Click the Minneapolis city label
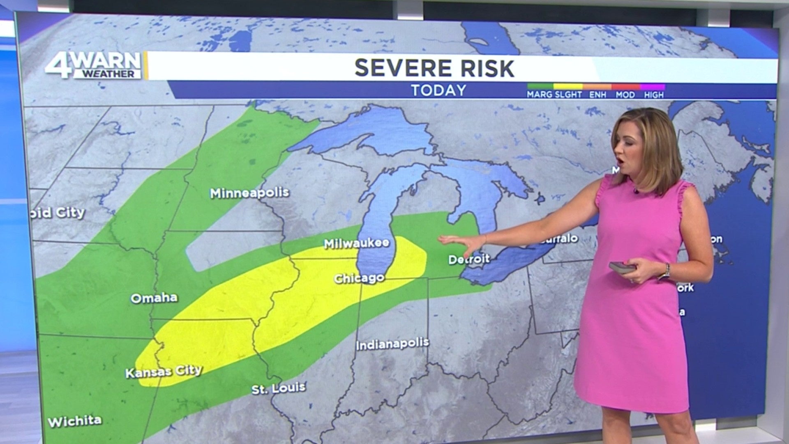tap(249, 193)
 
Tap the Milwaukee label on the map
tap(356, 243)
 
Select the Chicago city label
tap(359, 278)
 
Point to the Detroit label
tap(469, 259)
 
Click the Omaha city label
tap(154, 298)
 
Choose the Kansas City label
tap(164, 372)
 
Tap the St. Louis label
tap(278, 388)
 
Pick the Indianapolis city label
tap(392, 344)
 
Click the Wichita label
tap(75, 421)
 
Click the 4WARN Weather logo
tap(94, 65)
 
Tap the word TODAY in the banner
tap(438, 90)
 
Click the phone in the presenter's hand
tap(622, 268)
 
